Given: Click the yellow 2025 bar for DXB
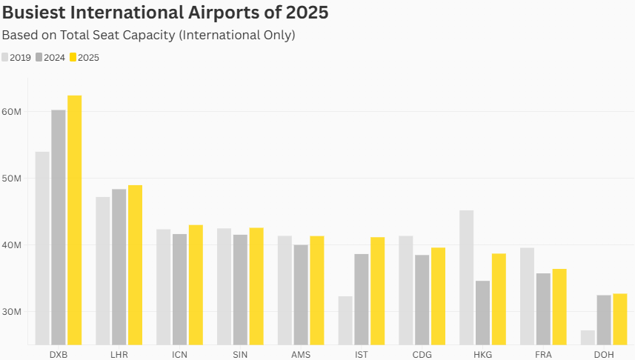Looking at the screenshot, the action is click(75, 220).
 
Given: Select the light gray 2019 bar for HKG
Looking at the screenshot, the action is click(467, 278).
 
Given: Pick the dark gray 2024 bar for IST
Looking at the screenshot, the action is click(362, 300).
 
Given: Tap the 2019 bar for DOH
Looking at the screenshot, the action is click(588, 338).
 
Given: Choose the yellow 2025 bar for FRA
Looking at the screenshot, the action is click(559, 307).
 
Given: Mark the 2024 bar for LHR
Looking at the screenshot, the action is click(119, 267).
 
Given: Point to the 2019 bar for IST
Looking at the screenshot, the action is click(345, 321).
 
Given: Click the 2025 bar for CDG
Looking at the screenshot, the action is click(438, 296).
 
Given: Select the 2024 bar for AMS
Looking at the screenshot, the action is click(301, 295).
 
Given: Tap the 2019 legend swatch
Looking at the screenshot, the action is click(5, 57).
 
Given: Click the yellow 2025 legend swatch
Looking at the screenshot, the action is click(73, 57).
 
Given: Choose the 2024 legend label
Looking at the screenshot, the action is click(54, 58).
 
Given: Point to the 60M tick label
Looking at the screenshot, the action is click(11, 112).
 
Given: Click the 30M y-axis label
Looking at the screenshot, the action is click(11, 312).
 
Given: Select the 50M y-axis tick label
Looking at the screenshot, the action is click(11, 179).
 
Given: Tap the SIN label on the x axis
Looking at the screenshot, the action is click(240, 355).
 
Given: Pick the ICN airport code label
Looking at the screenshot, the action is click(179, 355).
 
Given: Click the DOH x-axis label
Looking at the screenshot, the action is click(604, 355).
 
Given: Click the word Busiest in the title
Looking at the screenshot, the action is click(33, 12).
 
